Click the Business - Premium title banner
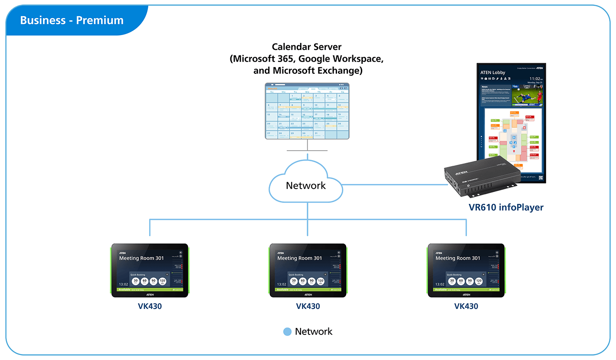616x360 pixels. pyautogui.click(x=72, y=20)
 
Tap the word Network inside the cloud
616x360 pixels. pyautogui.click(x=306, y=186)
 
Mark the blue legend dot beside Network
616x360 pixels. pyautogui.click(x=287, y=332)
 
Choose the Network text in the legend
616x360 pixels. pyautogui.click(x=314, y=332)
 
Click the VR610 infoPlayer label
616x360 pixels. pyautogui.click(x=506, y=207)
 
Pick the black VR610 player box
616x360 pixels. pyautogui.click(x=482, y=178)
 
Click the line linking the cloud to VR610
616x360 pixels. pyautogui.click(x=395, y=184)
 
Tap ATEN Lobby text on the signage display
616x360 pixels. pyautogui.click(x=493, y=72)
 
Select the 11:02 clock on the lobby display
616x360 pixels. pyautogui.click(x=534, y=79)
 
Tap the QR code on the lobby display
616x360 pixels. pyautogui.click(x=541, y=177)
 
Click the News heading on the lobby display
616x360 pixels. pyautogui.click(x=485, y=87)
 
